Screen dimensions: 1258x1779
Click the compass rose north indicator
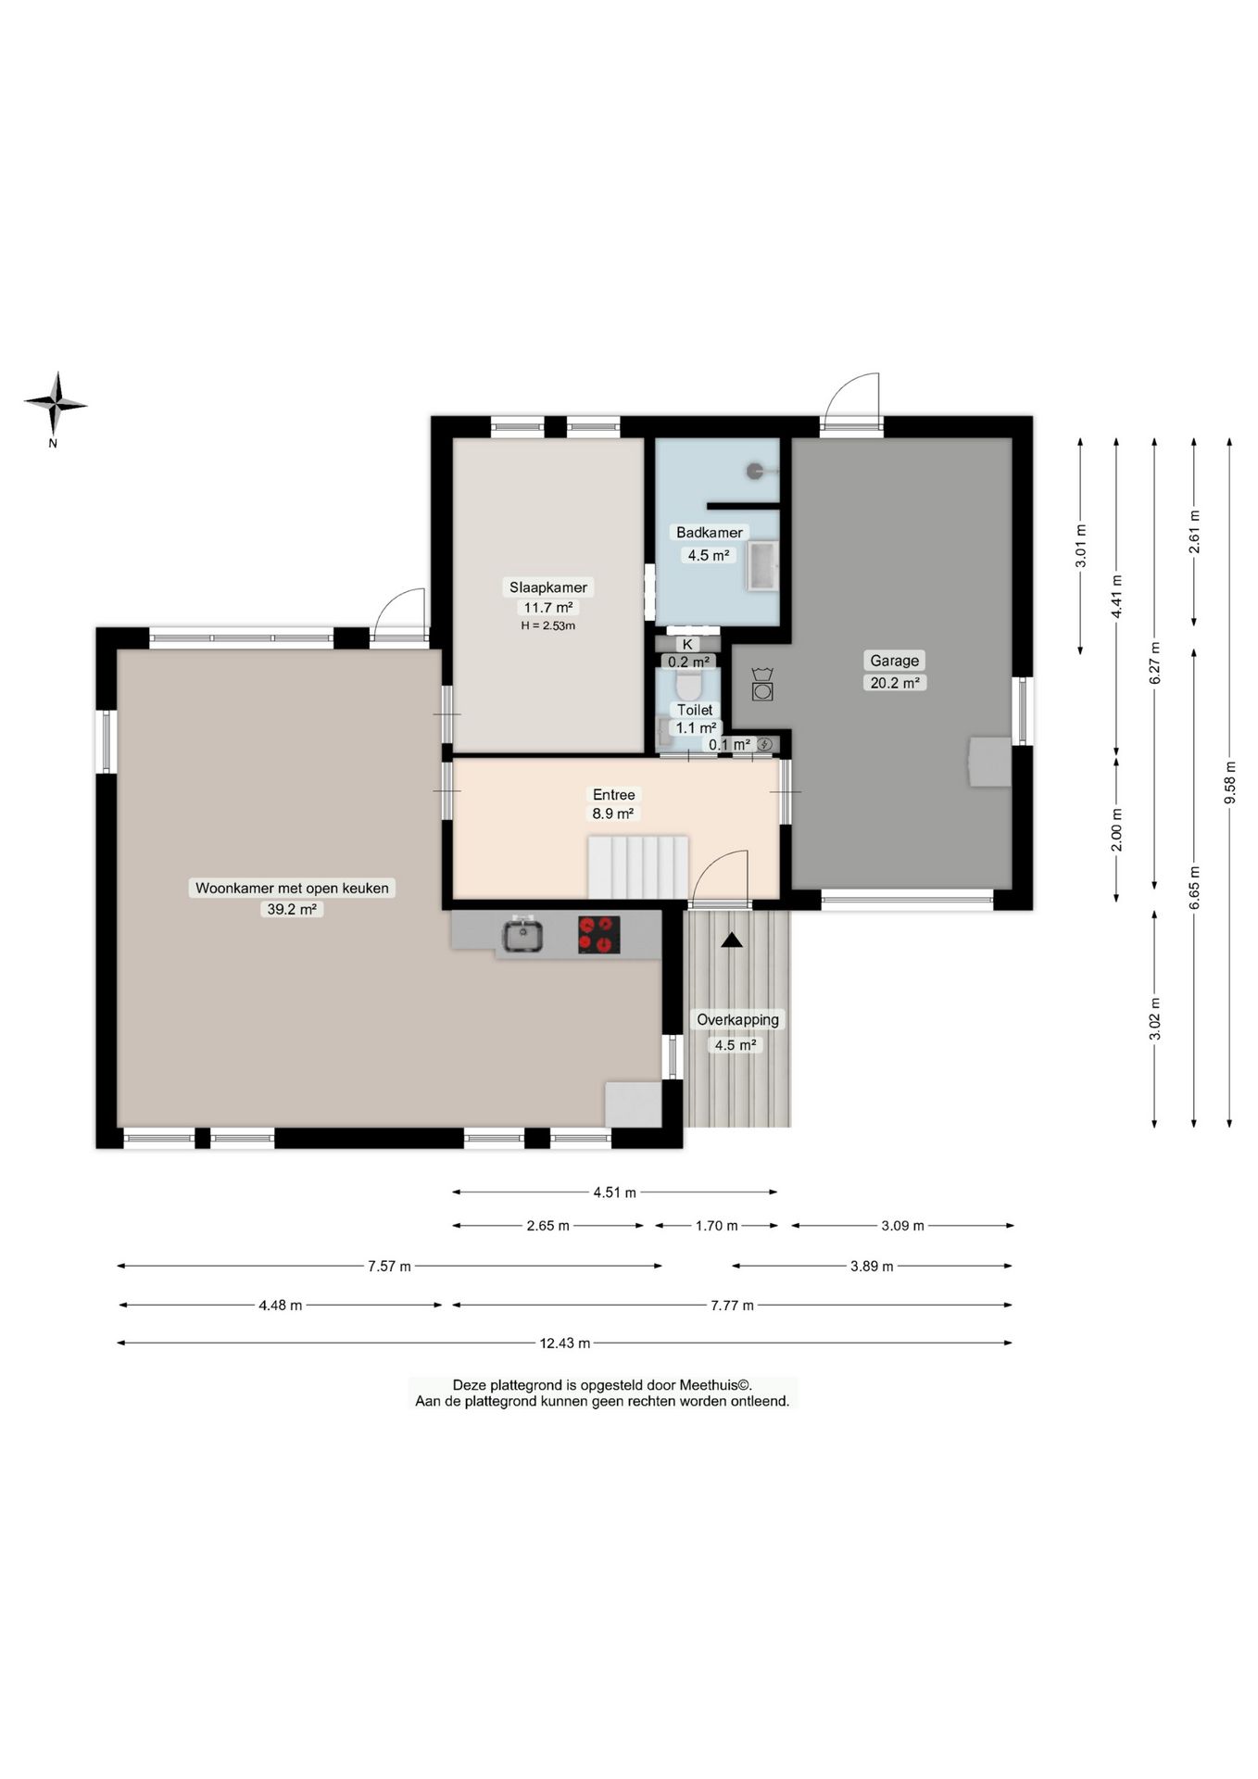tap(56, 405)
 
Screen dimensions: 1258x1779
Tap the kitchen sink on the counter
tap(523, 934)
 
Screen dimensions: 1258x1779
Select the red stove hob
tap(599, 934)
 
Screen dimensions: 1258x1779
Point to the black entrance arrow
tap(732, 940)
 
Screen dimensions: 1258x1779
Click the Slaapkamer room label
tap(548, 587)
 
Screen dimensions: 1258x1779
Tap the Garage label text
tap(894, 661)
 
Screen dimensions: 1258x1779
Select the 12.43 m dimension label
tap(565, 1343)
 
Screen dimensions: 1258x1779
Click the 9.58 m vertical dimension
tap(1230, 783)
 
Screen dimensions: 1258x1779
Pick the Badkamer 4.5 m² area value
tap(708, 555)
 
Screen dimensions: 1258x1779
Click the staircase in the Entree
tap(638, 867)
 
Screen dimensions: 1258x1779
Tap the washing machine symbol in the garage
tap(761, 684)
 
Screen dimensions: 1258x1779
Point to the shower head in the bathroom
tap(756, 471)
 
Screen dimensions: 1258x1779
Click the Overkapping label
tap(738, 1019)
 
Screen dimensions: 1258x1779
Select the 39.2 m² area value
tap(292, 909)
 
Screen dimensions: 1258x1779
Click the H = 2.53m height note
tap(548, 625)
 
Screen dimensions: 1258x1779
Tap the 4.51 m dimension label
tap(615, 1192)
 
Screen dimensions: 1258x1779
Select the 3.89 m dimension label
tap(872, 1266)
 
